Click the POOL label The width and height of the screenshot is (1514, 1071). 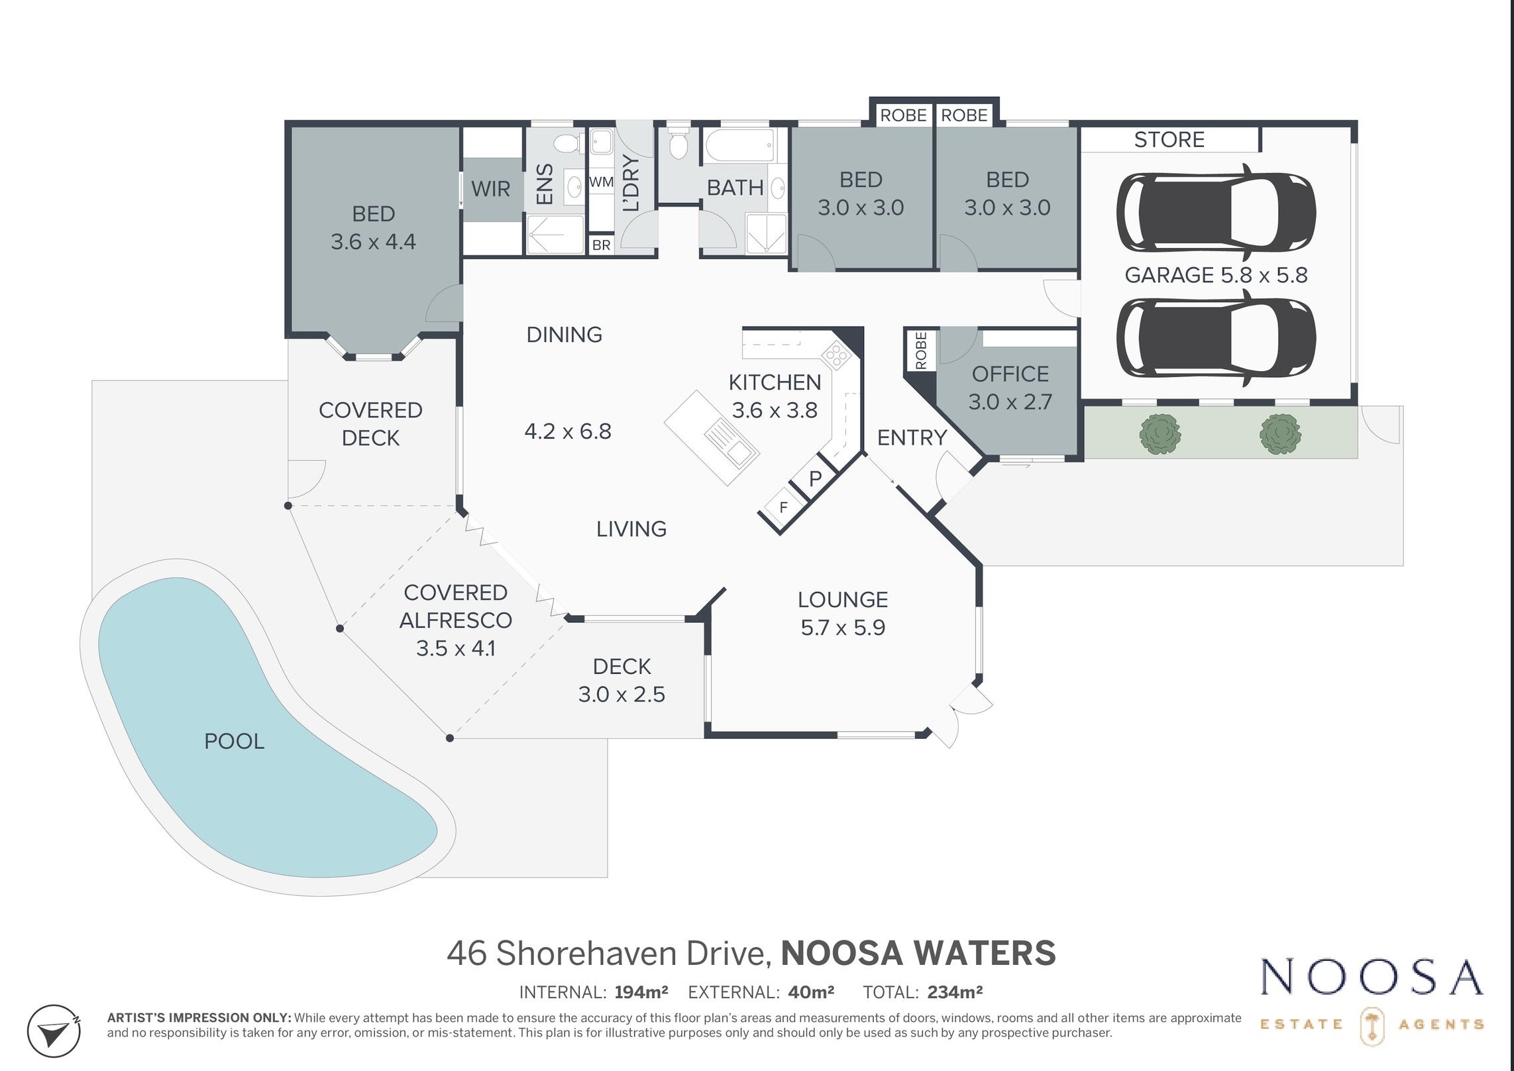click(x=234, y=741)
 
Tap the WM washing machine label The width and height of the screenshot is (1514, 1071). click(x=601, y=182)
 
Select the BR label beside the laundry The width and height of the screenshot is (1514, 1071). click(x=601, y=245)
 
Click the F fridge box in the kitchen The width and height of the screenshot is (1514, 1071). click(x=783, y=508)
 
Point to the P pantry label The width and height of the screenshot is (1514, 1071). click(x=816, y=478)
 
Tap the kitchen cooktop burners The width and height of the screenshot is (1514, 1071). click(x=836, y=355)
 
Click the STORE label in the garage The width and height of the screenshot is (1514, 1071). click(x=1169, y=140)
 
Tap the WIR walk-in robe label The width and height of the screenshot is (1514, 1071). click(x=490, y=189)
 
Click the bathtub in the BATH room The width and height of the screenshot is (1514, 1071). click(x=739, y=146)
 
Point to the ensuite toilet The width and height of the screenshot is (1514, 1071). click(x=566, y=143)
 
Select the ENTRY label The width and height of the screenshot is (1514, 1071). click(x=912, y=437)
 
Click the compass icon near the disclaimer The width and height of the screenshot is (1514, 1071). click(x=54, y=1031)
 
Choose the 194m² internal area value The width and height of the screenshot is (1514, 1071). click(x=641, y=992)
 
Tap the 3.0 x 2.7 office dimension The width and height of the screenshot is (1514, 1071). click(x=1010, y=402)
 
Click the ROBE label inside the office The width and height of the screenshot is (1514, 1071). click(x=921, y=351)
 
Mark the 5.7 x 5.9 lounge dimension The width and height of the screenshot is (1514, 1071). click(x=843, y=627)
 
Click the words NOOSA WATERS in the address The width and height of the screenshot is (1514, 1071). click(x=918, y=953)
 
